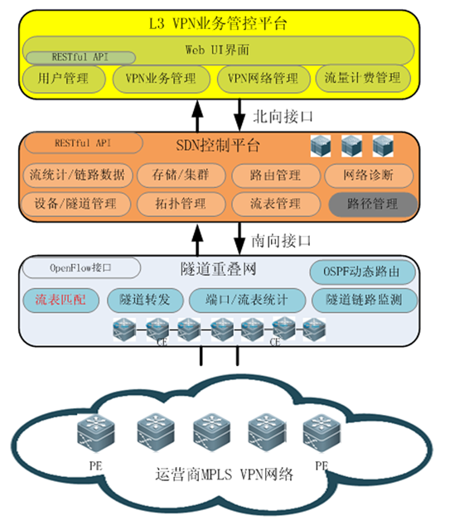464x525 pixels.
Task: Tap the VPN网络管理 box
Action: [x=263, y=79]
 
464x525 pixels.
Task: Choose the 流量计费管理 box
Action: [x=363, y=79]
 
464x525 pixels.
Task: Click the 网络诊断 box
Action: [x=370, y=176]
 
